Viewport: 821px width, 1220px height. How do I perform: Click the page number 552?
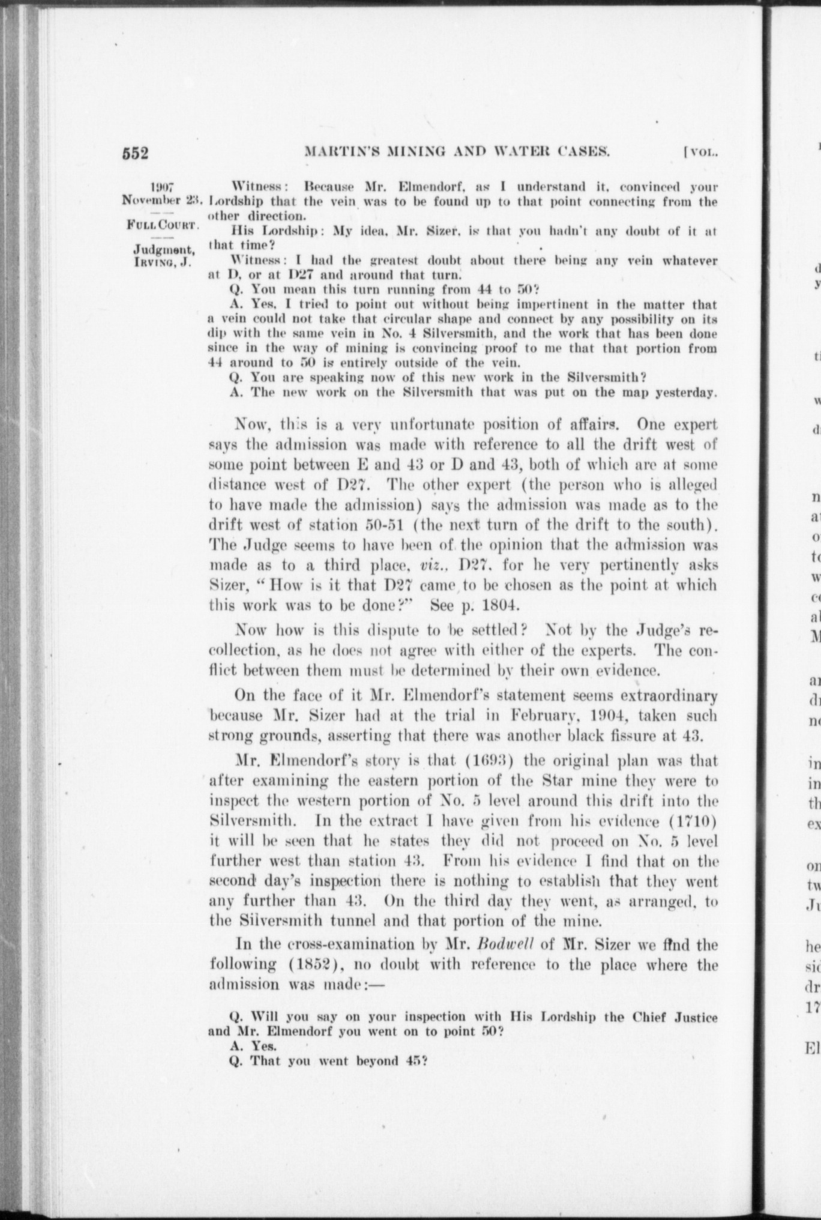point(135,153)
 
